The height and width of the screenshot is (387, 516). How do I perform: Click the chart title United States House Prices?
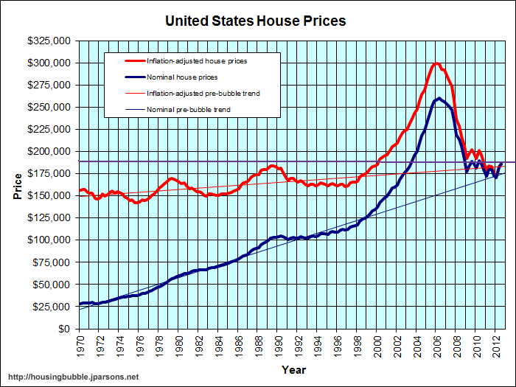tap(255, 21)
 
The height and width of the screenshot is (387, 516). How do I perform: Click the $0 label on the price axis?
tap(65, 329)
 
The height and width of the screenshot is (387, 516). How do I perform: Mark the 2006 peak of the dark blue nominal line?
tap(439, 98)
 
